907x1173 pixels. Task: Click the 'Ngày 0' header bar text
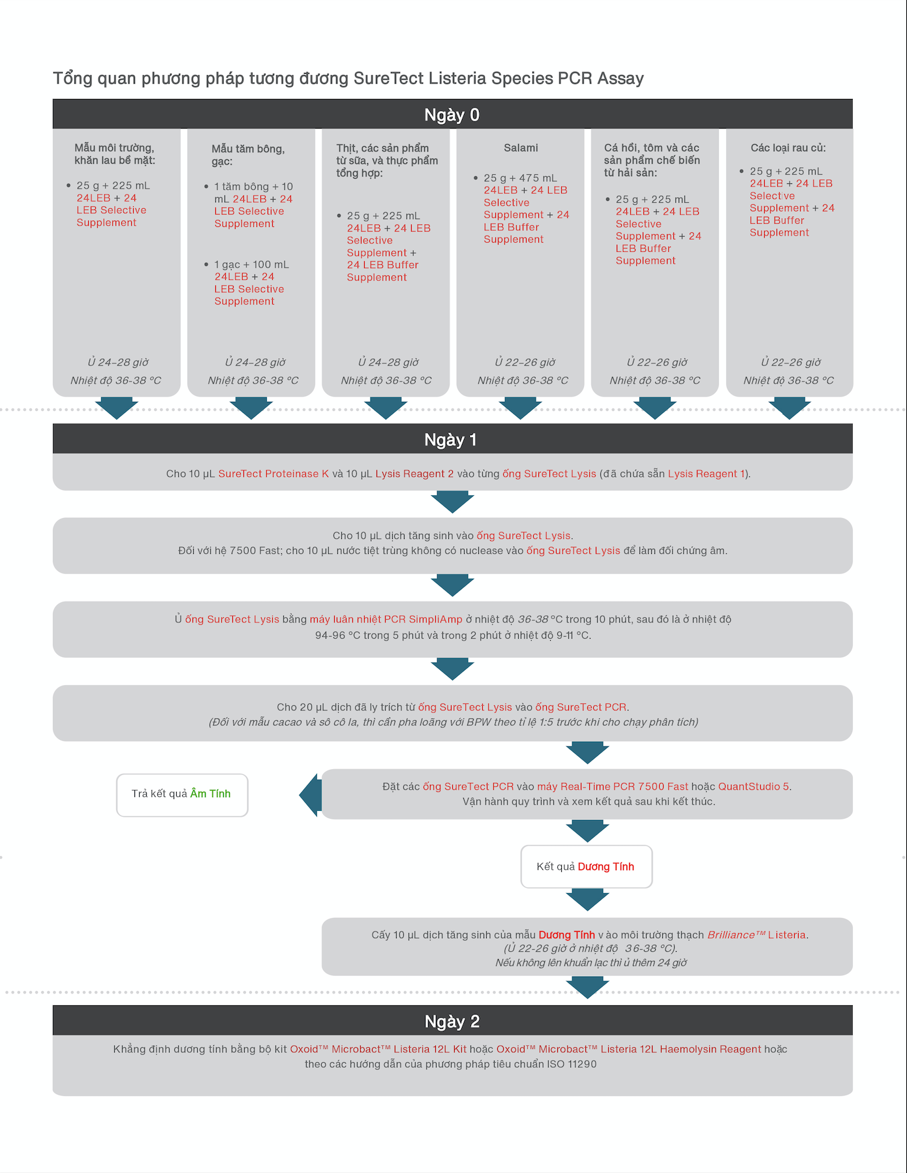pyautogui.click(x=452, y=115)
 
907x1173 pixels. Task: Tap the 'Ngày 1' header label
pyautogui.click(x=450, y=440)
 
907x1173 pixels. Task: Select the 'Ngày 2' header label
pyautogui.click(x=452, y=1022)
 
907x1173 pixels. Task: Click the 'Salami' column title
pyautogui.click(x=521, y=148)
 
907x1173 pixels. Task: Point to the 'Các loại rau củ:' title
pyautogui.click(x=788, y=148)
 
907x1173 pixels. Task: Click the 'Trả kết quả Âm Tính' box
pyautogui.click(x=182, y=795)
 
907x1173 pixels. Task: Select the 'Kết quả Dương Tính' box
pyautogui.click(x=587, y=866)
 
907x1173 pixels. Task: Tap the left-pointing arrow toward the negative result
pyautogui.click(x=310, y=795)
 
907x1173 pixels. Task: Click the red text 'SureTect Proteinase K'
pyautogui.click(x=273, y=474)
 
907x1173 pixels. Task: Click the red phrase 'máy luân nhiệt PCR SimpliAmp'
pyautogui.click(x=386, y=620)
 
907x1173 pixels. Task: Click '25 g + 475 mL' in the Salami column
pyautogui.click(x=520, y=178)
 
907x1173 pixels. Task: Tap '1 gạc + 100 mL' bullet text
pyautogui.click(x=251, y=264)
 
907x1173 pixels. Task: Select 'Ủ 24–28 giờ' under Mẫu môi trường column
pyautogui.click(x=118, y=362)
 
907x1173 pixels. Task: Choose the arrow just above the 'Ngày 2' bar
pyautogui.click(x=587, y=987)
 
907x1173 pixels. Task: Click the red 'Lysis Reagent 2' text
pyautogui.click(x=414, y=474)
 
